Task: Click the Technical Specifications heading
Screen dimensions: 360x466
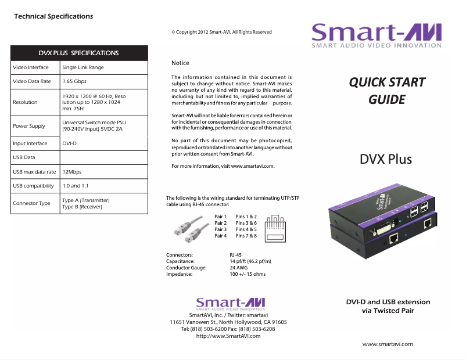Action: point(53,16)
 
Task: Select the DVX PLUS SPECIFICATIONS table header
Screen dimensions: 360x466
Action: point(78,53)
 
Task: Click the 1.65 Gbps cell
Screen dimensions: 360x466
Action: point(74,81)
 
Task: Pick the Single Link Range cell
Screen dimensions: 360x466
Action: point(83,67)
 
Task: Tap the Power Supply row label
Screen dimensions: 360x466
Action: point(29,126)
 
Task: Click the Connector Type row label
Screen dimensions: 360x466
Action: point(32,203)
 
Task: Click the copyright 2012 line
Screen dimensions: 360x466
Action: point(221,32)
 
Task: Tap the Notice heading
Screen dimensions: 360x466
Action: point(180,63)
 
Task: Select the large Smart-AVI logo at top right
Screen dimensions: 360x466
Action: point(376,35)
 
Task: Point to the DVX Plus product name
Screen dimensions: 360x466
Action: point(386,159)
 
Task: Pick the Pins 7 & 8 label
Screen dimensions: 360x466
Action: point(246,236)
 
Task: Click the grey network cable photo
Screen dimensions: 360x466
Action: point(188,228)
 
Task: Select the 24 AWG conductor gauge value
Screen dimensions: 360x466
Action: point(239,268)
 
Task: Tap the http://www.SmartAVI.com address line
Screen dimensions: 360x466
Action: point(228,336)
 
